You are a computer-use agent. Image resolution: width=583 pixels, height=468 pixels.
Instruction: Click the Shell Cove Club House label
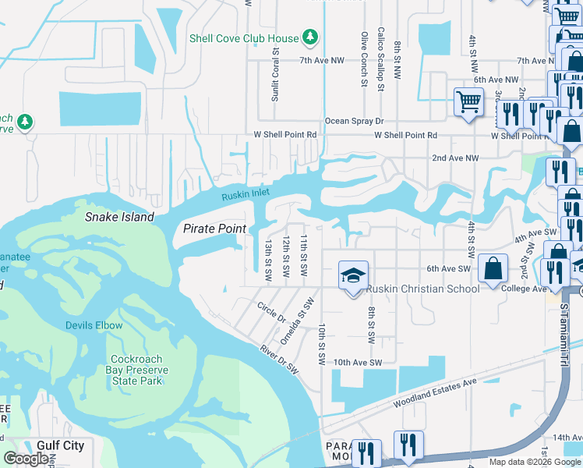(x=243, y=38)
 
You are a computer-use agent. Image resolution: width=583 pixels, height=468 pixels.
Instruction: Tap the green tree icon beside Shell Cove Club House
(x=310, y=37)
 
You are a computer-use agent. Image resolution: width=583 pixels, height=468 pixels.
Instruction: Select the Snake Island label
(x=119, y=217)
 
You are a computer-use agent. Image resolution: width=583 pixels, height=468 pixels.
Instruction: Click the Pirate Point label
(x=214, y=229)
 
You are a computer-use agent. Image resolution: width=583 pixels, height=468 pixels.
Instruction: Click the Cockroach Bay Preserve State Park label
(x=134, y=365)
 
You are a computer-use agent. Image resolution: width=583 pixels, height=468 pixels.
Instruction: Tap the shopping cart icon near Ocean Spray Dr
(x=468, y=101)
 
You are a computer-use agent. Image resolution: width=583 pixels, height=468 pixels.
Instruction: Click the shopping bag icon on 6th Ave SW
(x=493, y=269)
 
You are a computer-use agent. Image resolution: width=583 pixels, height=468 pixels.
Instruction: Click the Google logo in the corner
(x=26, y=459)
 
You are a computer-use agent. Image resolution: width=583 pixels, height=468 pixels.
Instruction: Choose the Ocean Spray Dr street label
(x=355, y=121)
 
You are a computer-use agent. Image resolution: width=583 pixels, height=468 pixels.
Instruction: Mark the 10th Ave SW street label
(x=358, y=363)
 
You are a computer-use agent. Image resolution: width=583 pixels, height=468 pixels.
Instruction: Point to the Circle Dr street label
(x=271, y=310)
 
